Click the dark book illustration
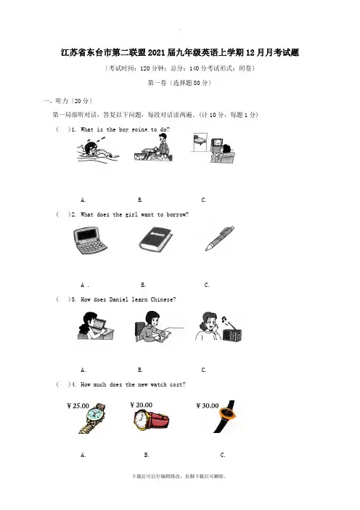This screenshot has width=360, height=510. (x=155, y=239)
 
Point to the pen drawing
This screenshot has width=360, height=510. (x=220, y=238)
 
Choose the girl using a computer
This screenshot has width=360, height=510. (x=96, y=326)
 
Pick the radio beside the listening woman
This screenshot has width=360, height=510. (x=232, y=333)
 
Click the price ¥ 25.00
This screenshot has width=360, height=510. (x=78, y=405)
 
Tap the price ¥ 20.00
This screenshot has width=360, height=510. (x=141, y=405)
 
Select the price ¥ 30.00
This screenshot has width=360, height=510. (x=208, y=405)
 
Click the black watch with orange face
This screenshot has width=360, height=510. (x=226, y=416)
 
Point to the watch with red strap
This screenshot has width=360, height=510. (x=151, y=420)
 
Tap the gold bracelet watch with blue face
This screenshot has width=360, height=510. (x=93, y=418)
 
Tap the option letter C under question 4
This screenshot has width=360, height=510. (x=223, y=455)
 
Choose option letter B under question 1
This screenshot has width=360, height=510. (x=140, y=200)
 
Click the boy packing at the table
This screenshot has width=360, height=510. (x=152, y=148)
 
